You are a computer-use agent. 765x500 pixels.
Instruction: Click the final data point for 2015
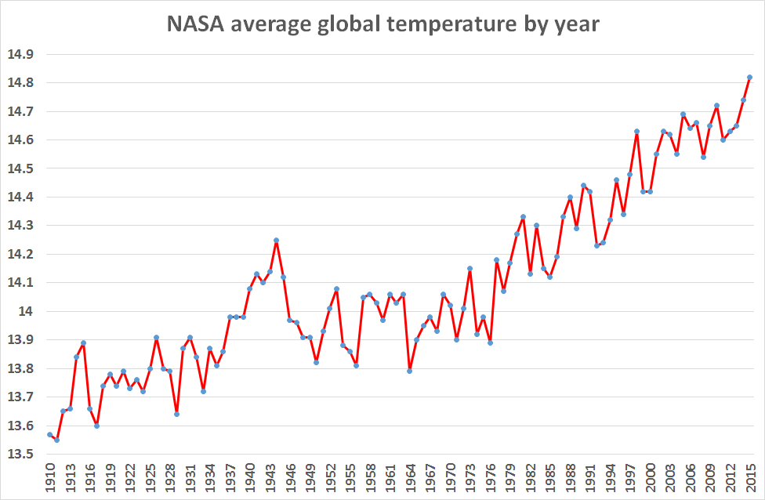tap(750, 77)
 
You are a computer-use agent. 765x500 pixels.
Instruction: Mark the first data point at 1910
tap(49, 434)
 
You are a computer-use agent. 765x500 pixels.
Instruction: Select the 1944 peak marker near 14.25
tap(277, 240)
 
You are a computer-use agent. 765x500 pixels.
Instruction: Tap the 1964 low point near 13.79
tap(410, 371)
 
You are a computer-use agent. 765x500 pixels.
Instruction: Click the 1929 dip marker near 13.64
tap(176, 414)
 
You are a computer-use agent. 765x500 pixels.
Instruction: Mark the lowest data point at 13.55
tap(56, 440)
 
